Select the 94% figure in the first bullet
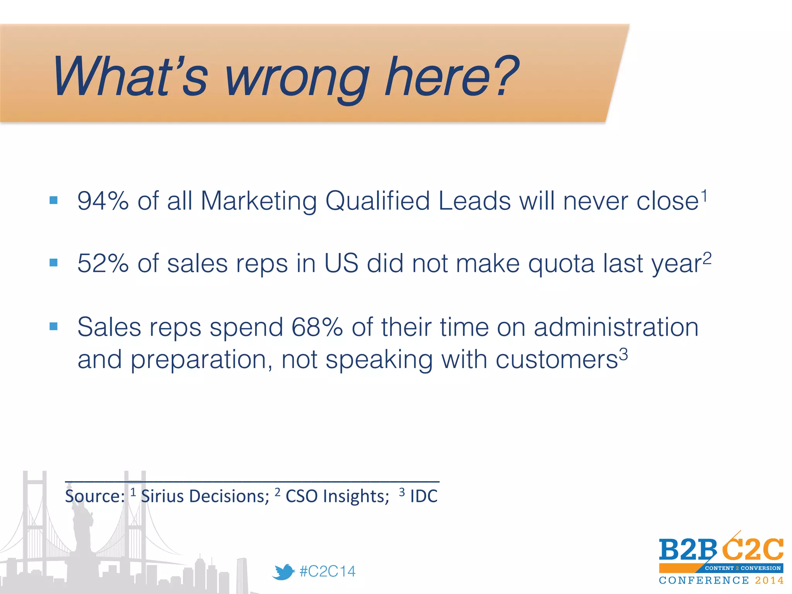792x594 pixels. pyautogui.click(x=103, y=201)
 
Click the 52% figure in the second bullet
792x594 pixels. pyautogui.click(x=103, y=264)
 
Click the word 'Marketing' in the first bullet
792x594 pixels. pyautogui.click(x=259, y=201)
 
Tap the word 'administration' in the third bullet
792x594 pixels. pyautogui.click(x=616, y=327)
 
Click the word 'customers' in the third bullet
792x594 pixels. pyautogui.click(x=556, y=360)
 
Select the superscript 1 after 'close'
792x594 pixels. pyautogui.click(x=705, y=196)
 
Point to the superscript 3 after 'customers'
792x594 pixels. pyautogui.click(x=623, y=354)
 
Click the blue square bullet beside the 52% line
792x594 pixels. pyautogui.click(x=54, y=263)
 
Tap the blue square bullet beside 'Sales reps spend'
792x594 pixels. pyautogui.click(x=54, y=326)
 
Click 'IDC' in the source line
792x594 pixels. pyautogui.click(x=424, y=496)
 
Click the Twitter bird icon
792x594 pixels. pyautogui.click(x=283, y=572)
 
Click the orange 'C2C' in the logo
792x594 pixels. pyautogui.click(x=752, y=549)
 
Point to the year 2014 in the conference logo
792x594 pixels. pyautogui.click(x=769, y=580)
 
